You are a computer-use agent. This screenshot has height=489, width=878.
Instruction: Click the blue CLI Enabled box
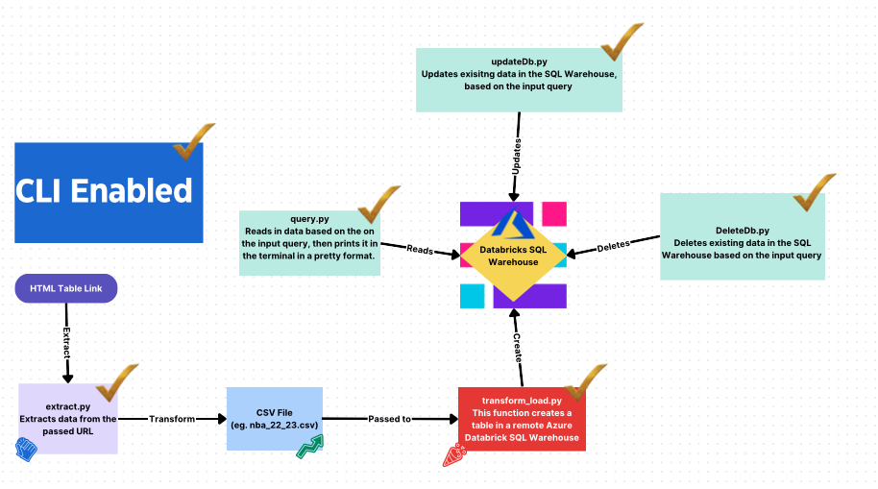pyautogui.click(x=109, y=192)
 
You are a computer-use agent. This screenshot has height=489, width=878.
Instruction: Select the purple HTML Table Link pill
pyautogui.click(x=65, y=289)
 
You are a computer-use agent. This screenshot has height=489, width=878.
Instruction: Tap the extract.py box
pyautogui.click(x=68, y=419)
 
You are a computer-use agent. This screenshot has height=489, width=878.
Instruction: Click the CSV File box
pyautogui.click(x=275, y=419)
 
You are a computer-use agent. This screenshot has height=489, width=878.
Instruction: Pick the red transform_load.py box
pyautogui.click(x=520, y=419)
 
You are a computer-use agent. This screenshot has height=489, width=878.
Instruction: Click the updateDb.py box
pyautogui.click(x=519, y=80)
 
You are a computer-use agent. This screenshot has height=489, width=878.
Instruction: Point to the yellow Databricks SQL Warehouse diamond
pyautogui.click(x=513, y=254)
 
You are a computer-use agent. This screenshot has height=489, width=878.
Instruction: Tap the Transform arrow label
pyautogui.click(x=172, y=419)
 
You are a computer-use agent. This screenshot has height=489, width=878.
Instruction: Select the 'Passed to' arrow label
pyautogui.click(x=390, y=419)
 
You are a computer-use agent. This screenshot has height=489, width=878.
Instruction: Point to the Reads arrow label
pyautogui.click(x=419, y=249)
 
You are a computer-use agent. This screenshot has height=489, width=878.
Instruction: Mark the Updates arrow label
pyautogui.click(x=518, y=154)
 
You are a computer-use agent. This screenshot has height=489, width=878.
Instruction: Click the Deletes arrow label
pyautogui.click(x=613, y=246)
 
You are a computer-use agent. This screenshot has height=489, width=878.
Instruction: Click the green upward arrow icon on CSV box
pyautogui.click(x=309, y=446)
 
